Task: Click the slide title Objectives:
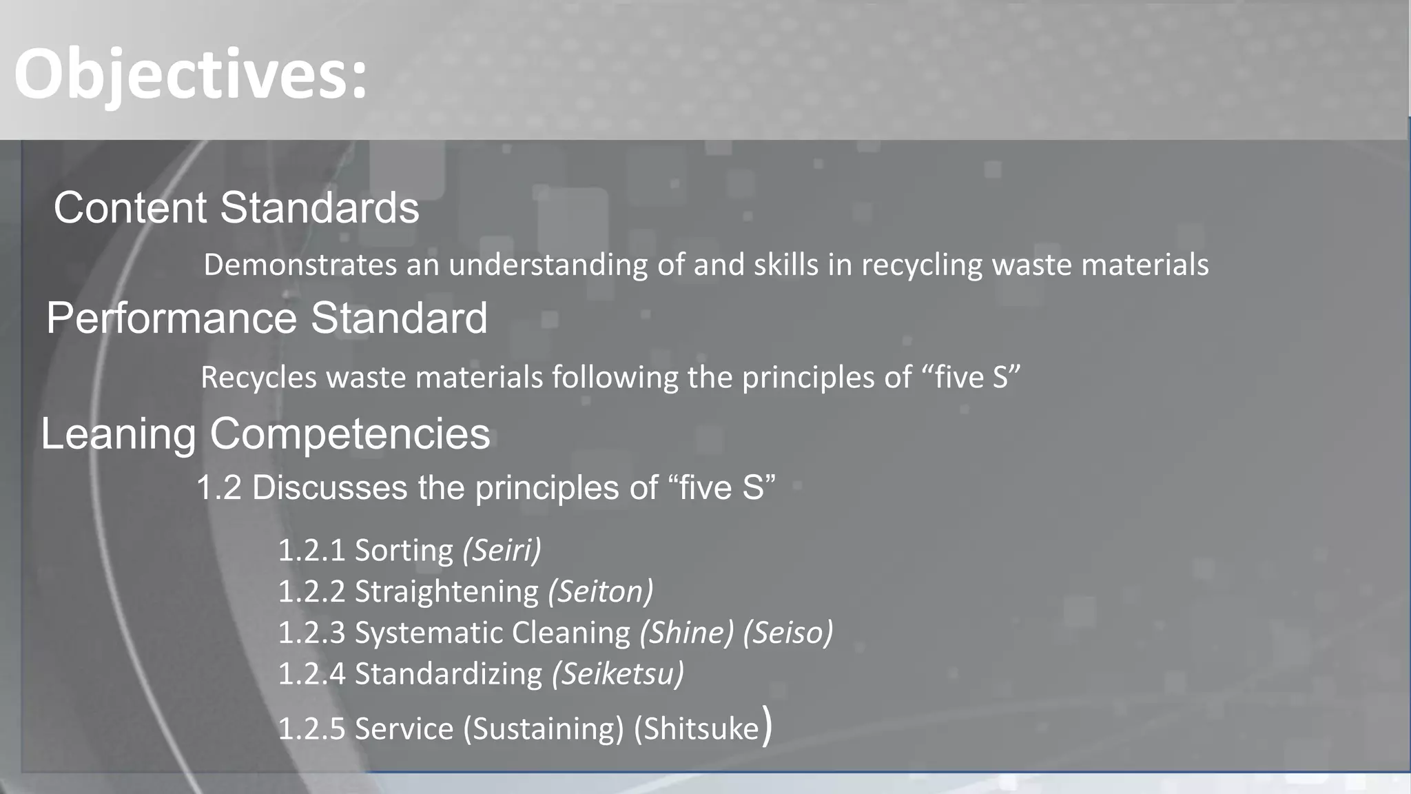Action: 190,74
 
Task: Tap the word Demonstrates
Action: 300,265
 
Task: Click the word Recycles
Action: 259,378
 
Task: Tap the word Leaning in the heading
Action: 119,434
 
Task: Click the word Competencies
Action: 350,434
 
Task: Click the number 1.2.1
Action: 311,550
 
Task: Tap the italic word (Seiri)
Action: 502,550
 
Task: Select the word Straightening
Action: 446,591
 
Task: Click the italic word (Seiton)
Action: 600,591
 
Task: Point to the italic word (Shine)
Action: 687,633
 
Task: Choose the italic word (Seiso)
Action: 788,633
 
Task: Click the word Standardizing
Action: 449,674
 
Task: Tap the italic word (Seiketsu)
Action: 618,674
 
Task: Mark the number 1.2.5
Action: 311,729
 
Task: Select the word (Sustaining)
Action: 544,729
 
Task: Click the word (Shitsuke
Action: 696,729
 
